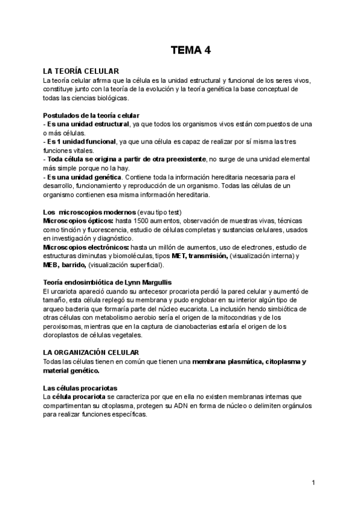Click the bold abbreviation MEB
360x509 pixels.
pos(52,265)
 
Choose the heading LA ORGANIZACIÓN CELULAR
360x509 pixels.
pos(91,352)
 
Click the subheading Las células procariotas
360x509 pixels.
pos(80,388)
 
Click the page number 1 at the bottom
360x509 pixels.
pos(314,483)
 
